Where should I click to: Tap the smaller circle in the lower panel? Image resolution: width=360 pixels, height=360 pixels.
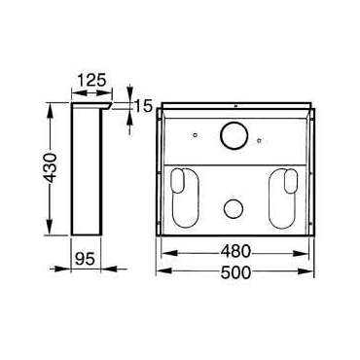pyautogui.click(x=234, y=207)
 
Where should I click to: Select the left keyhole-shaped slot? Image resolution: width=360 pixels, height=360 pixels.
pyautogui.click(x=182, y=196)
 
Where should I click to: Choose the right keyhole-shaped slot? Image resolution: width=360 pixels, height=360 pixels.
pyautogui.click(x=286, y=196)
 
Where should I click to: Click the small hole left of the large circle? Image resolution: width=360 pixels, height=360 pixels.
pyautogui.click(x=196, y=134)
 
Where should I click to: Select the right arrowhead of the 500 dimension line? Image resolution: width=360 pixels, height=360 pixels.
pyautogui.click(x=316, y=274)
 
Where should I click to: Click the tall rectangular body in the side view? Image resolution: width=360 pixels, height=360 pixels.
pyautogui.click(x=88, y=170)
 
